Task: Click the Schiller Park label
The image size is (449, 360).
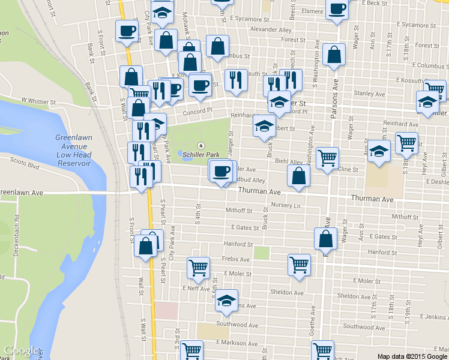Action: [x=201, y=154]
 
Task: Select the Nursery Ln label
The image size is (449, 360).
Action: [x=285, y=205]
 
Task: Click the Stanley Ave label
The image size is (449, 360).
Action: [x=369, y=94]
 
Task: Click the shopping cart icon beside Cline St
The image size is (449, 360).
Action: [x=327, y=158]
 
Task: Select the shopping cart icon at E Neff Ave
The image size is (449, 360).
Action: [x=198, y=268]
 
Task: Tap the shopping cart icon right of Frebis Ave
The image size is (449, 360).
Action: [x=299, y=264]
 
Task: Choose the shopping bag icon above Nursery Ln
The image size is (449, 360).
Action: [x=298, y=175]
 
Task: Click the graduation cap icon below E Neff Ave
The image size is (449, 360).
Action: [x=226, y=300]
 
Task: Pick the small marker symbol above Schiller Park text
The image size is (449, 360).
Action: [x=201, y=145]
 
